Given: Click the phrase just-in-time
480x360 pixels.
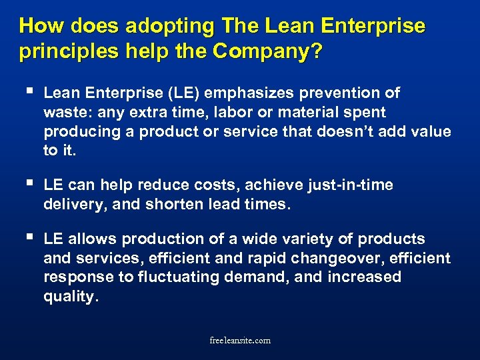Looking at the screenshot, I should tap(346, 185).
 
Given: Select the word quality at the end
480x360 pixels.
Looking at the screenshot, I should tap(70, 297).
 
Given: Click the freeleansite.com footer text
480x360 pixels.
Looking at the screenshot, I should tap(240, 340).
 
